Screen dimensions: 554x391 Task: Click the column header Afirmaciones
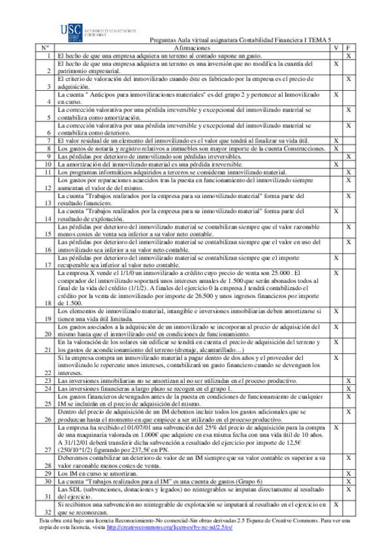(x=193, y=48)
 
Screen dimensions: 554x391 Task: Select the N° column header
(x=44, y=48)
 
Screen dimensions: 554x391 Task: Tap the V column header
(x=336, y=48)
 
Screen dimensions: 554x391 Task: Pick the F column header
(x=349, y=48)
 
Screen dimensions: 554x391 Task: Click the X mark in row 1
(x=349, y=56)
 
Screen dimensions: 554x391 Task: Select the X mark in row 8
(x=336, y=148)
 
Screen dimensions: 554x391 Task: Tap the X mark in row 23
(x=349, y=380)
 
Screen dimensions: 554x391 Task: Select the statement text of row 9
(x=141, y=156)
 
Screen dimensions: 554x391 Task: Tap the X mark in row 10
(x=336, y=164)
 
